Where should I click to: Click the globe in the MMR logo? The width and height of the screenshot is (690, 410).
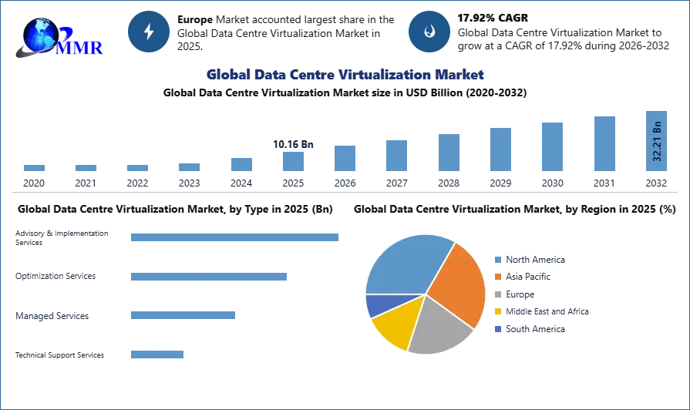(40, 34)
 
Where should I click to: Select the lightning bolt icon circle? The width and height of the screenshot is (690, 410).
(149, 32)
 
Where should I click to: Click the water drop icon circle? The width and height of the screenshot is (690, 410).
(429, 32)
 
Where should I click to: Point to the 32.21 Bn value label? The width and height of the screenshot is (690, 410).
(657, 142)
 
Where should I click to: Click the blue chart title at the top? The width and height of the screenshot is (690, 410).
(345, 75)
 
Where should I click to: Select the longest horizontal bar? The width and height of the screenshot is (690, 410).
(234, 237)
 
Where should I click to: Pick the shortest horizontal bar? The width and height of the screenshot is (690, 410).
(157, 355)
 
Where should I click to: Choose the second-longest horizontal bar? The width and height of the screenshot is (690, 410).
(210, 277)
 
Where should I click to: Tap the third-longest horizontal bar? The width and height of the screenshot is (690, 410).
(185, 314)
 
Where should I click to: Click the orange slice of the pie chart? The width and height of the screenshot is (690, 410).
(458, 285)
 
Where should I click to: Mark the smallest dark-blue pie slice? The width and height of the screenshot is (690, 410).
(378, 305)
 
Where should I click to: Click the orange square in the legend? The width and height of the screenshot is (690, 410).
(499, 277)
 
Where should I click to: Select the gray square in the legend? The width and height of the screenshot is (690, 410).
(499, 295)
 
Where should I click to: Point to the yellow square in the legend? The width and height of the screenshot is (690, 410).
(499, 311)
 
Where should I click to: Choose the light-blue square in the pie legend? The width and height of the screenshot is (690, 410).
(499, 260)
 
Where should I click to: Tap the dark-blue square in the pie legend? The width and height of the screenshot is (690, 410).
(499, 328)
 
